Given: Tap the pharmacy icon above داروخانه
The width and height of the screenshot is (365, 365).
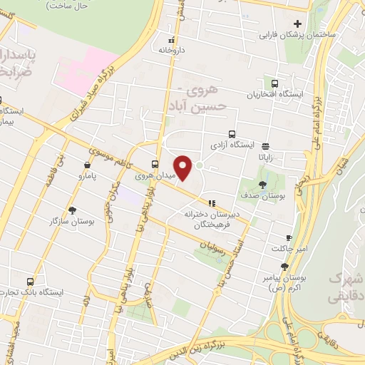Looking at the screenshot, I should [171, 40].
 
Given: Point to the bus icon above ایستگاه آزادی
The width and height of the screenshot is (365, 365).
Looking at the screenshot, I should [232, 133].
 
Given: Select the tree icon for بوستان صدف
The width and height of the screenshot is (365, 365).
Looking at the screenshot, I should [263, 185].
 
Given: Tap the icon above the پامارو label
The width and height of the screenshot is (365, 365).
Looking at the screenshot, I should [87, 165].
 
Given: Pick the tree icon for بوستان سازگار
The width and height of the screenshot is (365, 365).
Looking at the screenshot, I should [72, 210].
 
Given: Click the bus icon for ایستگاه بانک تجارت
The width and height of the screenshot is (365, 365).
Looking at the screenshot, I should [30, 282].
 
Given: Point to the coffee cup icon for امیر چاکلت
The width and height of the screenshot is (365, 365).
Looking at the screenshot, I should [289, 237].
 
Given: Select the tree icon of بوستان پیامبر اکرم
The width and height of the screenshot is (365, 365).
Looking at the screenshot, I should [284, 267].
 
